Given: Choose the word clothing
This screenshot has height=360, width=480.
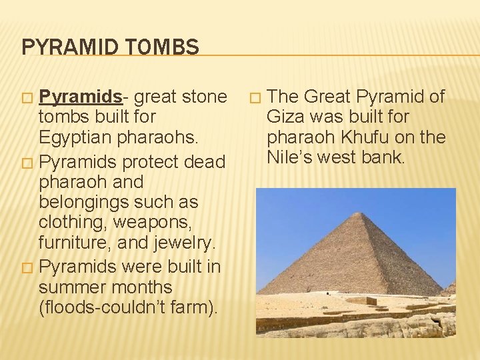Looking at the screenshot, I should pyautogui.click(x=73, y=221).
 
